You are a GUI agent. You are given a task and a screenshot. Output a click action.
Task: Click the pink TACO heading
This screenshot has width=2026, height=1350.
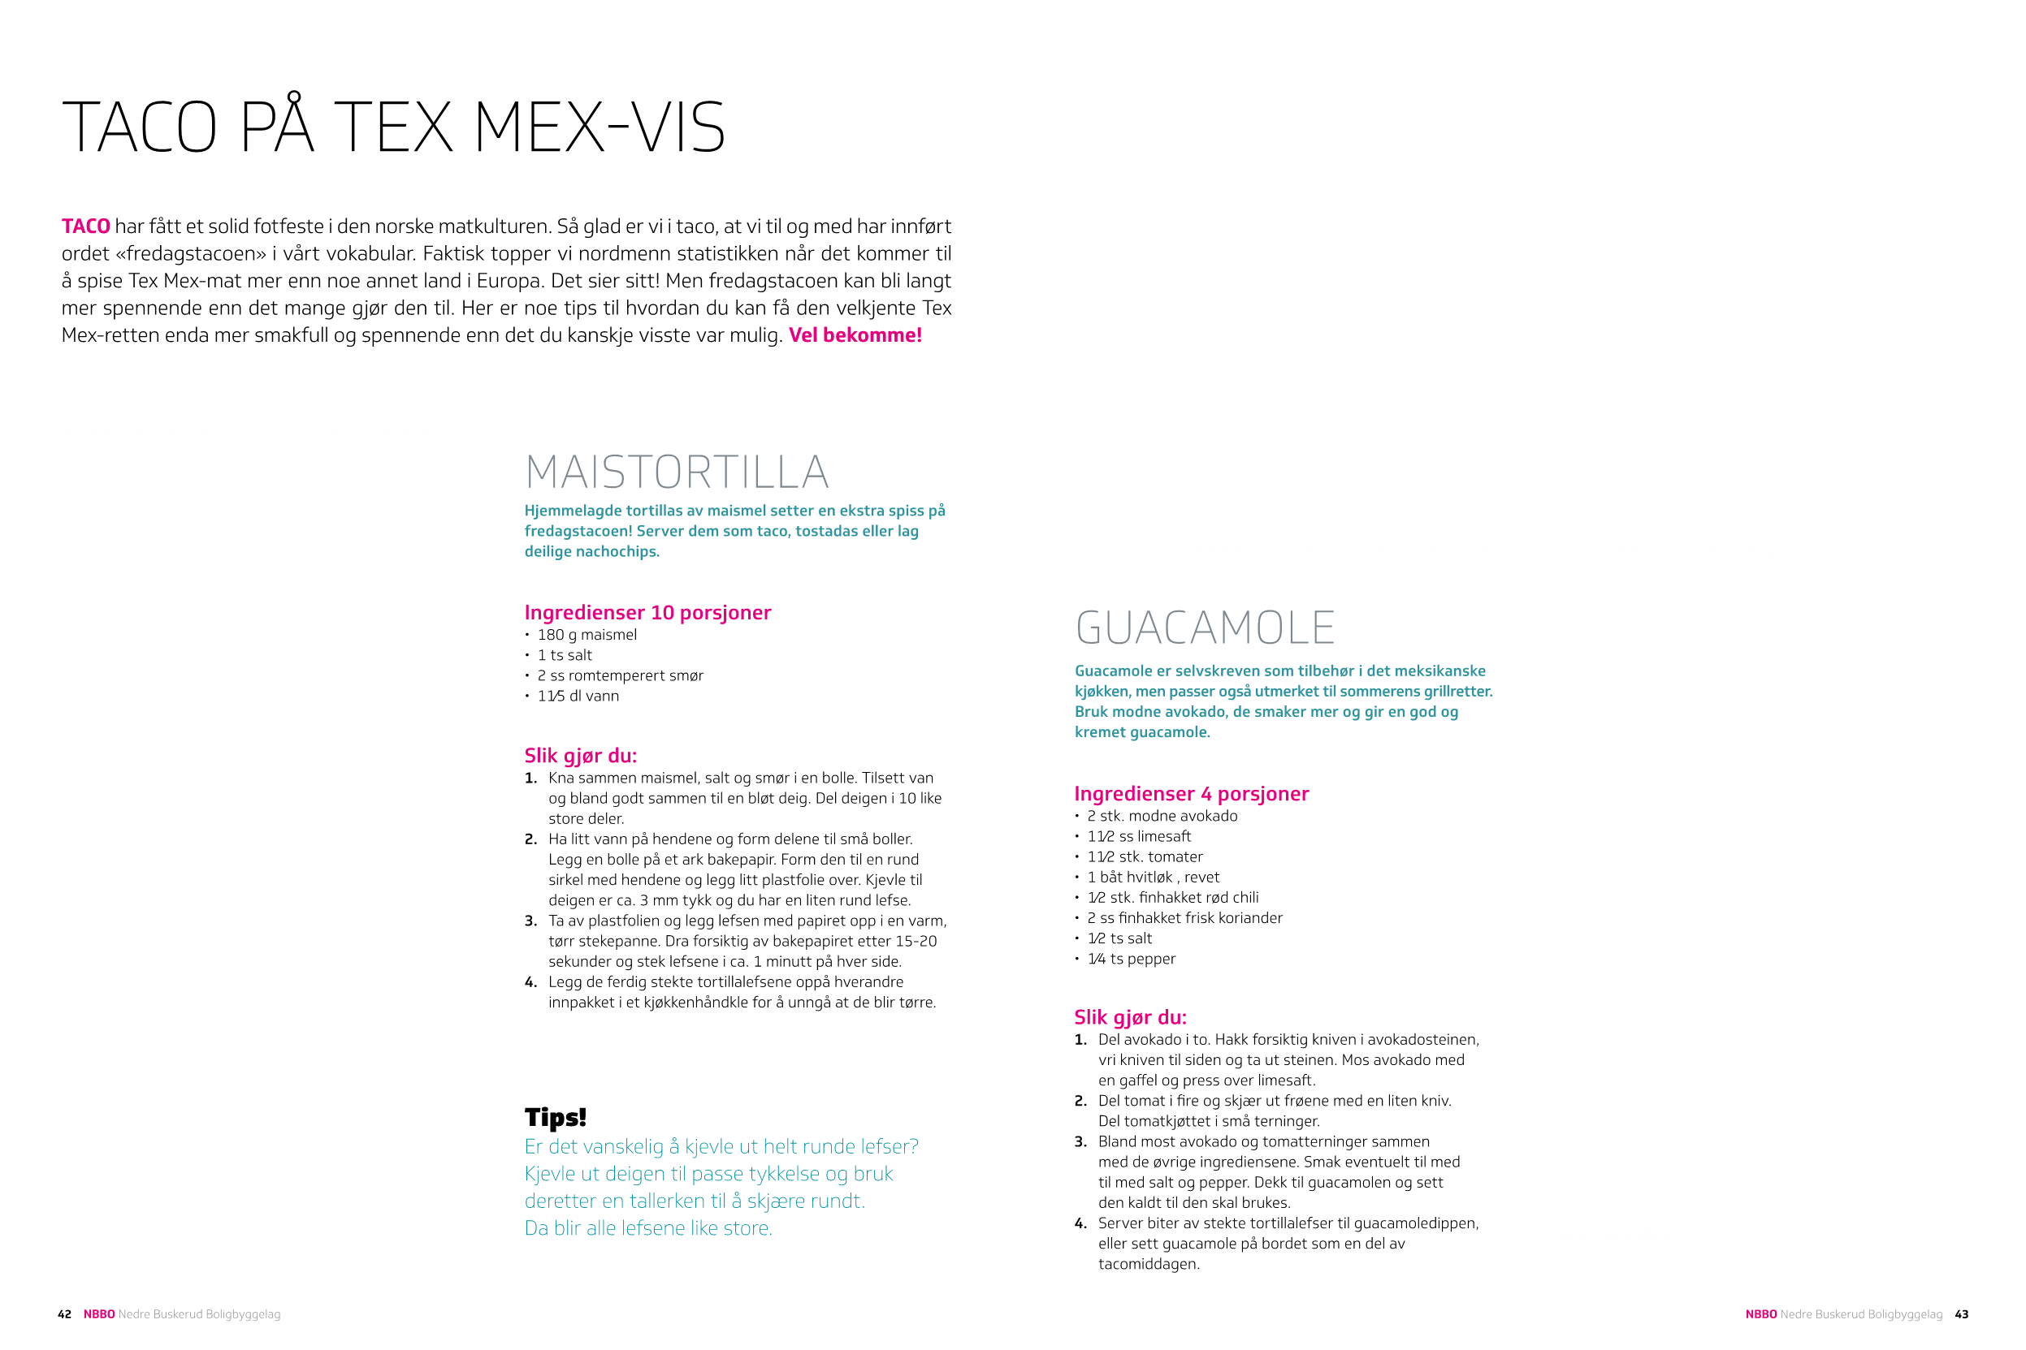(x=86, y=226)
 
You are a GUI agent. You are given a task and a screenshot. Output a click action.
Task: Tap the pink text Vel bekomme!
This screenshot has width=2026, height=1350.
(x=855, y=335)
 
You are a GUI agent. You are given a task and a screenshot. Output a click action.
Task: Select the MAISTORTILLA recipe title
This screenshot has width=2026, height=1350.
(x=677, y=472)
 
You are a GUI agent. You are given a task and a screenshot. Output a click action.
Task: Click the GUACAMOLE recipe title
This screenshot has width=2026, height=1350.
(x=1204, y=628)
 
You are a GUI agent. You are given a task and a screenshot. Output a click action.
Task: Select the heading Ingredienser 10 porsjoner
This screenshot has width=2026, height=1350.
(x=647, y=613)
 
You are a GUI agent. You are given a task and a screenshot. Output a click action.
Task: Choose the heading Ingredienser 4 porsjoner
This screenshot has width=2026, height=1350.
(x=1190, y=795)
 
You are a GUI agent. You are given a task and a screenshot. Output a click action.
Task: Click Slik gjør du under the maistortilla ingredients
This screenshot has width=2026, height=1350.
(x=580, y=756)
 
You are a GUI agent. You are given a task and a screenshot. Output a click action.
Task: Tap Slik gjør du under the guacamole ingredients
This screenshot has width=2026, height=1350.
(x=1129, y=1018)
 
